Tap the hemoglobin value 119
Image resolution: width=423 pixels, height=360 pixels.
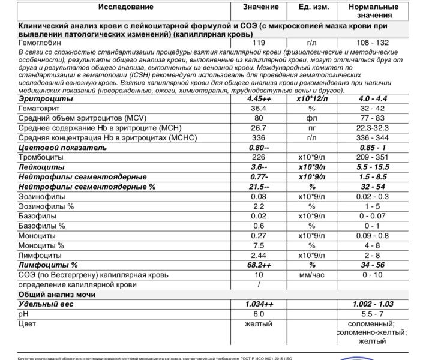[259, 43]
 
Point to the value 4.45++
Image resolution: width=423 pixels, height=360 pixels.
[259, 98]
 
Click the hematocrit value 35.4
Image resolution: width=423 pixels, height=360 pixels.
[259, 109]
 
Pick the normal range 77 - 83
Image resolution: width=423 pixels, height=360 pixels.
[372, 118]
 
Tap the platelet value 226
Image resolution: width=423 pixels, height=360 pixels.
[259, 157]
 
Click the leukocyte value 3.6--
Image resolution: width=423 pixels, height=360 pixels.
[259, 167]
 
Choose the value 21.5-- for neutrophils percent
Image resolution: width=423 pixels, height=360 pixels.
[259, 187]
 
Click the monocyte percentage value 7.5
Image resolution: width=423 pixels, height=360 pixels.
[259, 245]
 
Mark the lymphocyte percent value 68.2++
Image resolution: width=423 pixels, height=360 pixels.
[259, 265]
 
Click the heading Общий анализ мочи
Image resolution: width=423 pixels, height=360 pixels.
[58, 295]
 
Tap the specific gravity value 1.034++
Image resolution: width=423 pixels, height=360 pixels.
[259, 304]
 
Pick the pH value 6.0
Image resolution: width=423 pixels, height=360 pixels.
[259, 314]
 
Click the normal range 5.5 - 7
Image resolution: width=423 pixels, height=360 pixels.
[372, 314]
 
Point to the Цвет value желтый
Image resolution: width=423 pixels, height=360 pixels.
[259, 324]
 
